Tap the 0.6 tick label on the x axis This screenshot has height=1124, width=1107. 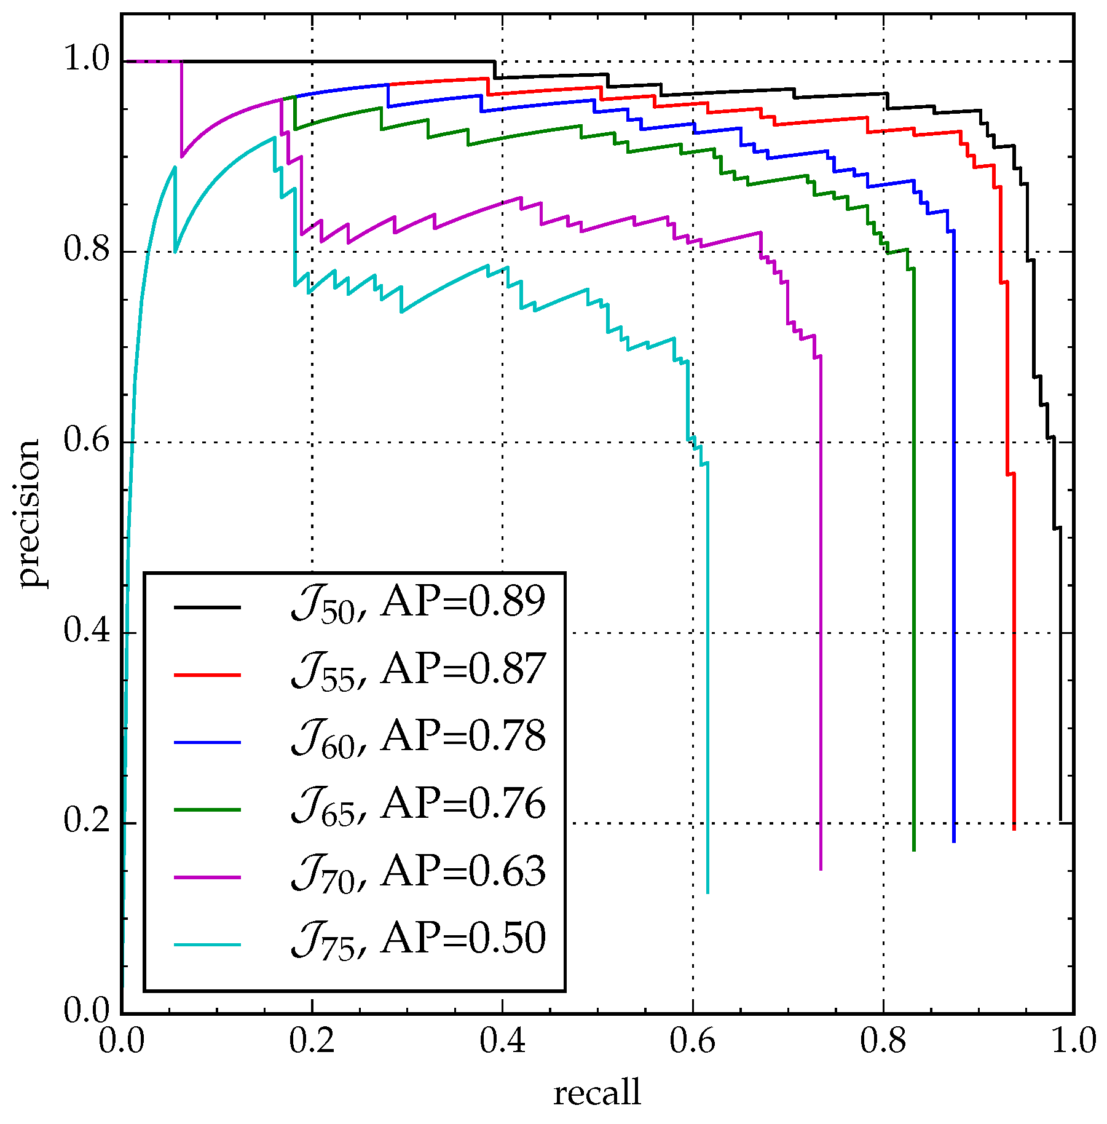[x=693, y=1042]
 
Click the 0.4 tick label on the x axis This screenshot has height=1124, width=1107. [x=502, y=1042]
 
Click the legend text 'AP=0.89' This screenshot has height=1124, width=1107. [x=463, y=601]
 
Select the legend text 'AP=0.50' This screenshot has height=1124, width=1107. [x=463, y=938]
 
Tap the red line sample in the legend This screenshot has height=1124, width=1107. [x=207, y=675]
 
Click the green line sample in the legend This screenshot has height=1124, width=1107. [x=207, y=810]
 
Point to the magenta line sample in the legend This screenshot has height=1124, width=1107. [x=207, y=877]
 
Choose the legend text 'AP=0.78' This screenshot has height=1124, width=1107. [x=463, y=736]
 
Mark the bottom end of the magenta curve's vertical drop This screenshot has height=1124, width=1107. [x=821, y=868]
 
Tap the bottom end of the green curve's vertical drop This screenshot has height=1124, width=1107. [x=914, y=850]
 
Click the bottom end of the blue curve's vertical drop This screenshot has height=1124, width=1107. [x=953, y=841]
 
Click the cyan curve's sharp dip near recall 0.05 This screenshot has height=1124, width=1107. [x=175, y=251]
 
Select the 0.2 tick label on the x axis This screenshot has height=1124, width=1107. [x=312, y=1042]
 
